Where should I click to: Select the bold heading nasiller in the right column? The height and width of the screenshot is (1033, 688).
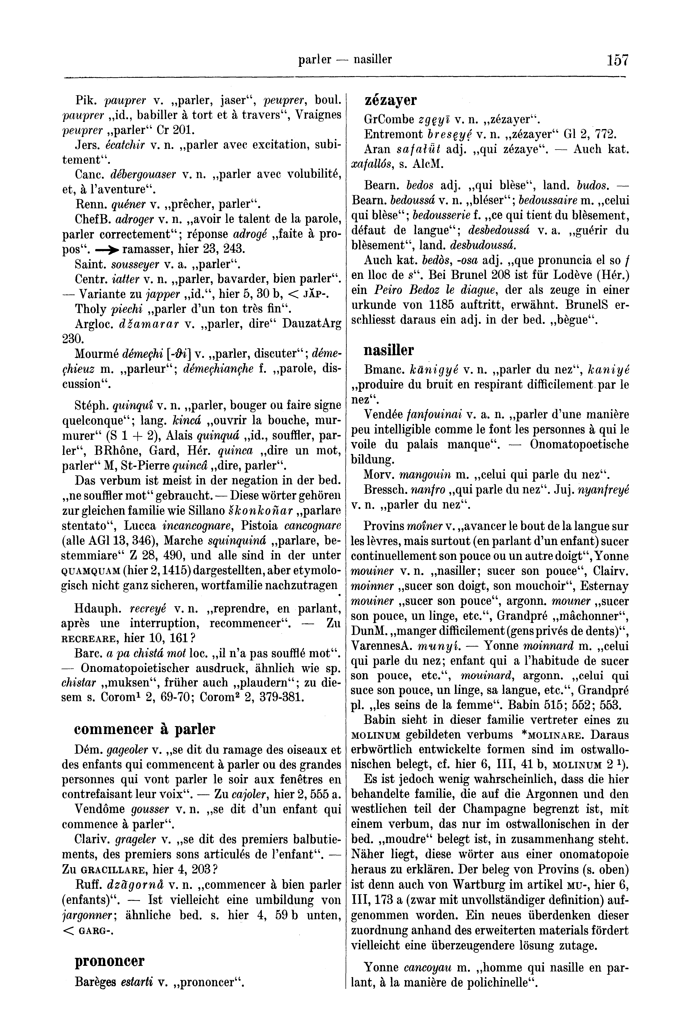pos(389,350)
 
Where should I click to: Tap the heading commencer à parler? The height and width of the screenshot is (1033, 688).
pos(145,729)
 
